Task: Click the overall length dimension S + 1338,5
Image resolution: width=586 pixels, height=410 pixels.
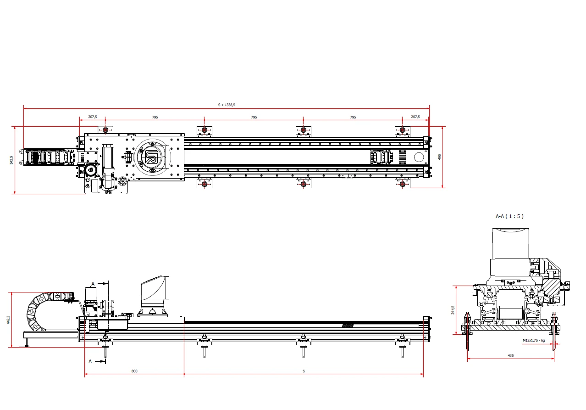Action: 227,105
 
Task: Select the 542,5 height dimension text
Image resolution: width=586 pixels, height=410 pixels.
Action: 11,160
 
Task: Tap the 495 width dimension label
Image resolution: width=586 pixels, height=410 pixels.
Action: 439,157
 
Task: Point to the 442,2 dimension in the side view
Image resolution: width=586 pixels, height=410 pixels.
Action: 8,320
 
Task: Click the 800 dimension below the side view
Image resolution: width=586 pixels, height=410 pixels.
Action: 134,371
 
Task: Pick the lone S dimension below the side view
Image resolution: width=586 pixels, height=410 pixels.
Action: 304,371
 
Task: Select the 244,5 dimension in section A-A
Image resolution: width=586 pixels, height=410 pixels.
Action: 453,310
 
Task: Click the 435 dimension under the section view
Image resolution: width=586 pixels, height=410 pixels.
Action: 511,355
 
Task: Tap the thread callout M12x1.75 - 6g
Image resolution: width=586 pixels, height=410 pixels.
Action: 534,340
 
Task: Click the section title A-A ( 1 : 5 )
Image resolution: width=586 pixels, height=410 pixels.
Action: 509,216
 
